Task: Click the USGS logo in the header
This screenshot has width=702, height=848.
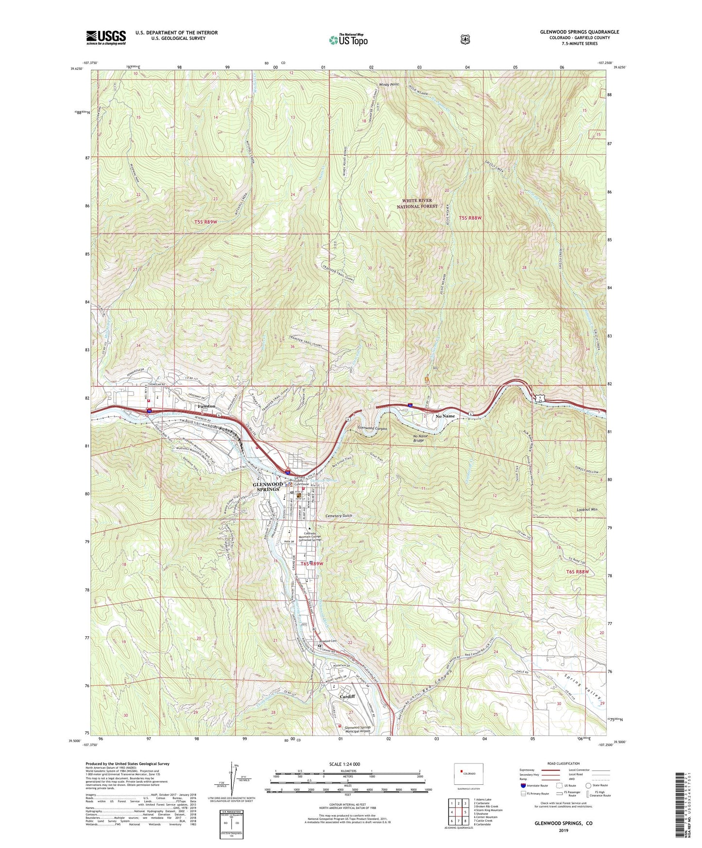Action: coord(106,37)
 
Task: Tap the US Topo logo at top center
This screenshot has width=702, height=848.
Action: coord(348,40)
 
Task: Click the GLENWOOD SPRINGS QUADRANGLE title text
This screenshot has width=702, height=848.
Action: coord(579,32)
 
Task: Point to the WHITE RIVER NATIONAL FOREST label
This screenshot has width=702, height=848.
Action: coord(417,204)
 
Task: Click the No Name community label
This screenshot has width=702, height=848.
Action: coord(445,416)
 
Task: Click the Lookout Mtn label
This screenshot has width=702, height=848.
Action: coord(587,509)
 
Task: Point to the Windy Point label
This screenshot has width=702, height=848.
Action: coord(389,85)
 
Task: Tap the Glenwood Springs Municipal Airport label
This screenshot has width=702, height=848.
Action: coord(358,729)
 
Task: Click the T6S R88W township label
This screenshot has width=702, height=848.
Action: coord(577,572)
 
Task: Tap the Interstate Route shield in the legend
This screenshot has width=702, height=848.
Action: coord(523,785)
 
